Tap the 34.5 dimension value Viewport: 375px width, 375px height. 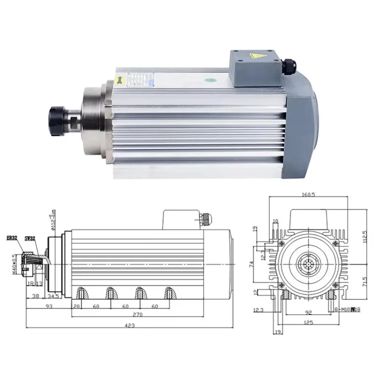pos(53,297)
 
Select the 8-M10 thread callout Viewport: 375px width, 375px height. pos(347,310)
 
